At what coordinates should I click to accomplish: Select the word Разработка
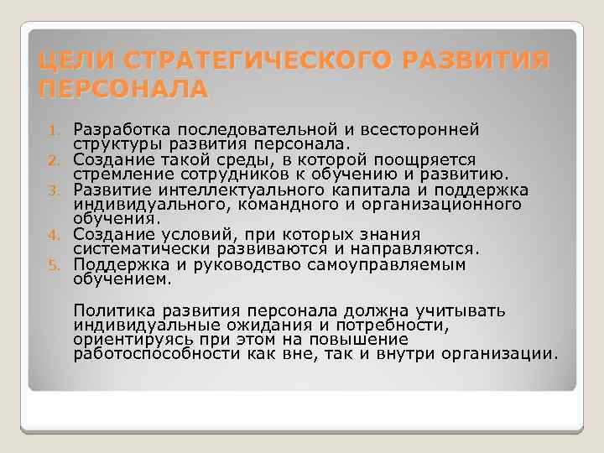[x=118, y=129]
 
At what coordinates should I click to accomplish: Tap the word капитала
[x=353, y=189]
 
